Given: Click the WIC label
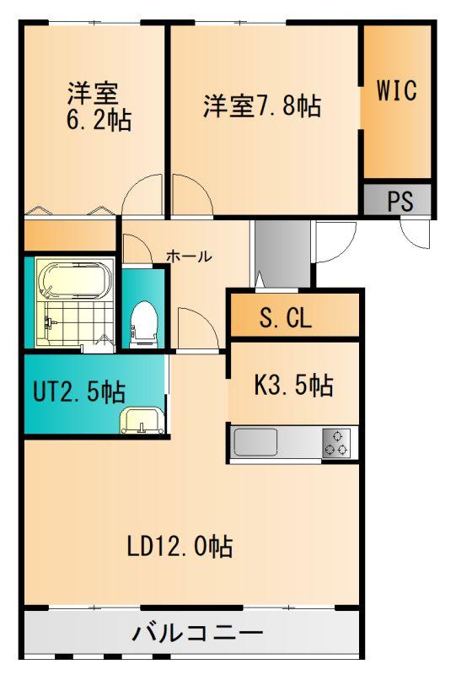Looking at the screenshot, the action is tap(397, 90).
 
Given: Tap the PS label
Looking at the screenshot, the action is tap(400, 201).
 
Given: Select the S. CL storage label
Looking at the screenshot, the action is tap(285, 318).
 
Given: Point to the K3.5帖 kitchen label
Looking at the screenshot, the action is tap(294, 385).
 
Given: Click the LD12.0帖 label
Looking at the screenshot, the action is tap(180, 546).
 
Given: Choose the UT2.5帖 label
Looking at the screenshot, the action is tap(79, 391).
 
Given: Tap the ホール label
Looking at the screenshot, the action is tap(189, 256).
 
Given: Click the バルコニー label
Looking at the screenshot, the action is tap(197, 632).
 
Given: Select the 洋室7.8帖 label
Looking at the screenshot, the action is tap(262, 106).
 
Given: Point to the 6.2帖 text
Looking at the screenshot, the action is tap(99, 120).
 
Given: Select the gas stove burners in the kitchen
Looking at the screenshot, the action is tap(336, 442).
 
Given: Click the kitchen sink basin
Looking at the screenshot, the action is tap(255, 442).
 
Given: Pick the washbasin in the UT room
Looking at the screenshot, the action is tap(142, 420).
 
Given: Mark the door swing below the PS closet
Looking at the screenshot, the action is tap(416, 234).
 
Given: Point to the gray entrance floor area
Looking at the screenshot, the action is tap(282, 253).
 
